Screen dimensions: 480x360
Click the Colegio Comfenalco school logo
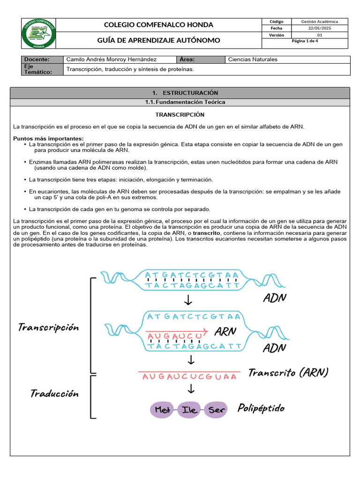(39, 34)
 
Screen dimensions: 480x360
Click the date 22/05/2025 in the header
(319, 29)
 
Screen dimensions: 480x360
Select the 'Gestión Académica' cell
(319, 22)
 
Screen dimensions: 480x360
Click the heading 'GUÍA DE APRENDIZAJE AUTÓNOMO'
(158, 40)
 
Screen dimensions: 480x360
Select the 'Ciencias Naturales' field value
(252, 60)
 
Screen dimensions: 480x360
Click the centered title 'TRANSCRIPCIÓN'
(180, 114)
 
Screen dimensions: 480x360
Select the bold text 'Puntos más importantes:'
(48, 138)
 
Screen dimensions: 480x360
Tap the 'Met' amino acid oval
(163, 410)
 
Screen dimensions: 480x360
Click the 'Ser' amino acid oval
(217, 410)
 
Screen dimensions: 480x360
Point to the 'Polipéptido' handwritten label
(261, 408)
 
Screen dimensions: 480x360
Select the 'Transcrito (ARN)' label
(288, 373)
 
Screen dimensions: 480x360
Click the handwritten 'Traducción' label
(54, 393)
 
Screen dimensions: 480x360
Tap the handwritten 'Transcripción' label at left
(48, 327)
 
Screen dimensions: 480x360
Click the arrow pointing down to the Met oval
(191, 389)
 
